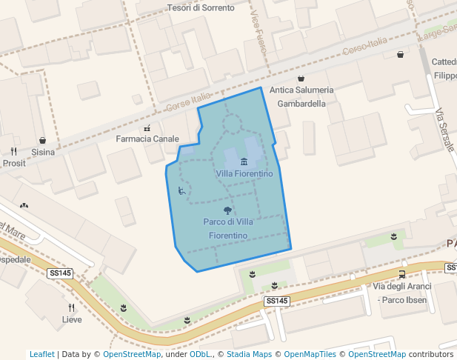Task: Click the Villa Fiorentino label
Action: click(x=244, y=173)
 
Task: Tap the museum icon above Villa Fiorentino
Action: click(x=244, y=161)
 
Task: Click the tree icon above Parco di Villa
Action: click(x=227, y=210)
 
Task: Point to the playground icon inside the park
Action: click(x=182, y=190)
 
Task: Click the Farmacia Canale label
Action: click(x=148, y=139)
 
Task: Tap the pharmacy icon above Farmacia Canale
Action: click(x=148, y=127)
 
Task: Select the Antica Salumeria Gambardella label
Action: click(x=301, y=97)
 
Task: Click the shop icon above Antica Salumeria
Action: click(x=301, y=79)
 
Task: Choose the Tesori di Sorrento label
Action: click(x=200, y=8)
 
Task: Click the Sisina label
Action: click(x=43, y=152)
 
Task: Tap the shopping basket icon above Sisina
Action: click(x=42, y=140)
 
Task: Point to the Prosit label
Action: click(x=14, y=163)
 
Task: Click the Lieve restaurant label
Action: click(x=72, y=319)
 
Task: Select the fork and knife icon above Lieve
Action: click(x=72, y=307)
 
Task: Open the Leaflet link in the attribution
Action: click(x=42, y=354)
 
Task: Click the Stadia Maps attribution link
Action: click(x=250, y=354)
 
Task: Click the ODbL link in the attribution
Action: click(x=200, y=354)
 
